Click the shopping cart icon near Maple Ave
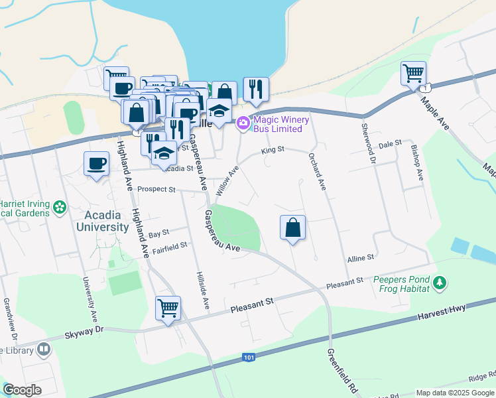413,72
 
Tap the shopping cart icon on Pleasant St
168,308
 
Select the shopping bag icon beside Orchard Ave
292,228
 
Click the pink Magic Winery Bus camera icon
243,122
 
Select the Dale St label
390,143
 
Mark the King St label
273,150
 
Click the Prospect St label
156,189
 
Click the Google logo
22,390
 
